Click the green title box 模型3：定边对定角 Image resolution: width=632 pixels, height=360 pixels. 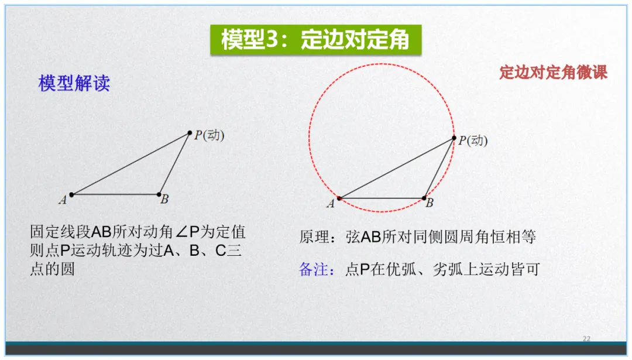(315, 40)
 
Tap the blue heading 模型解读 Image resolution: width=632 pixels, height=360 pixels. (74, 84)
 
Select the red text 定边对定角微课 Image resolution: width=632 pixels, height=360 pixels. (553, 72)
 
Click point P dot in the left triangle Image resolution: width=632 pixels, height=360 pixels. (190, 133)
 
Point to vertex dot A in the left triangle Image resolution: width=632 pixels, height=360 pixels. (71, 194)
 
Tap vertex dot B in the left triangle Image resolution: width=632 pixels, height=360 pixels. (159, 194)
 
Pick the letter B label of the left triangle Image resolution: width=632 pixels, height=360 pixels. (164, 200)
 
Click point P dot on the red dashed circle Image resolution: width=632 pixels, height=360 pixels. (454, 138)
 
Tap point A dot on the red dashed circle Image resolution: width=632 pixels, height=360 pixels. (339, 198)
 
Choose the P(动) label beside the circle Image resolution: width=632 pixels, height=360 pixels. (473, 140)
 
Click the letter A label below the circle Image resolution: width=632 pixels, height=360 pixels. (331, 204)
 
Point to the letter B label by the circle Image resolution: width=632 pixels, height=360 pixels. (430, 204)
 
